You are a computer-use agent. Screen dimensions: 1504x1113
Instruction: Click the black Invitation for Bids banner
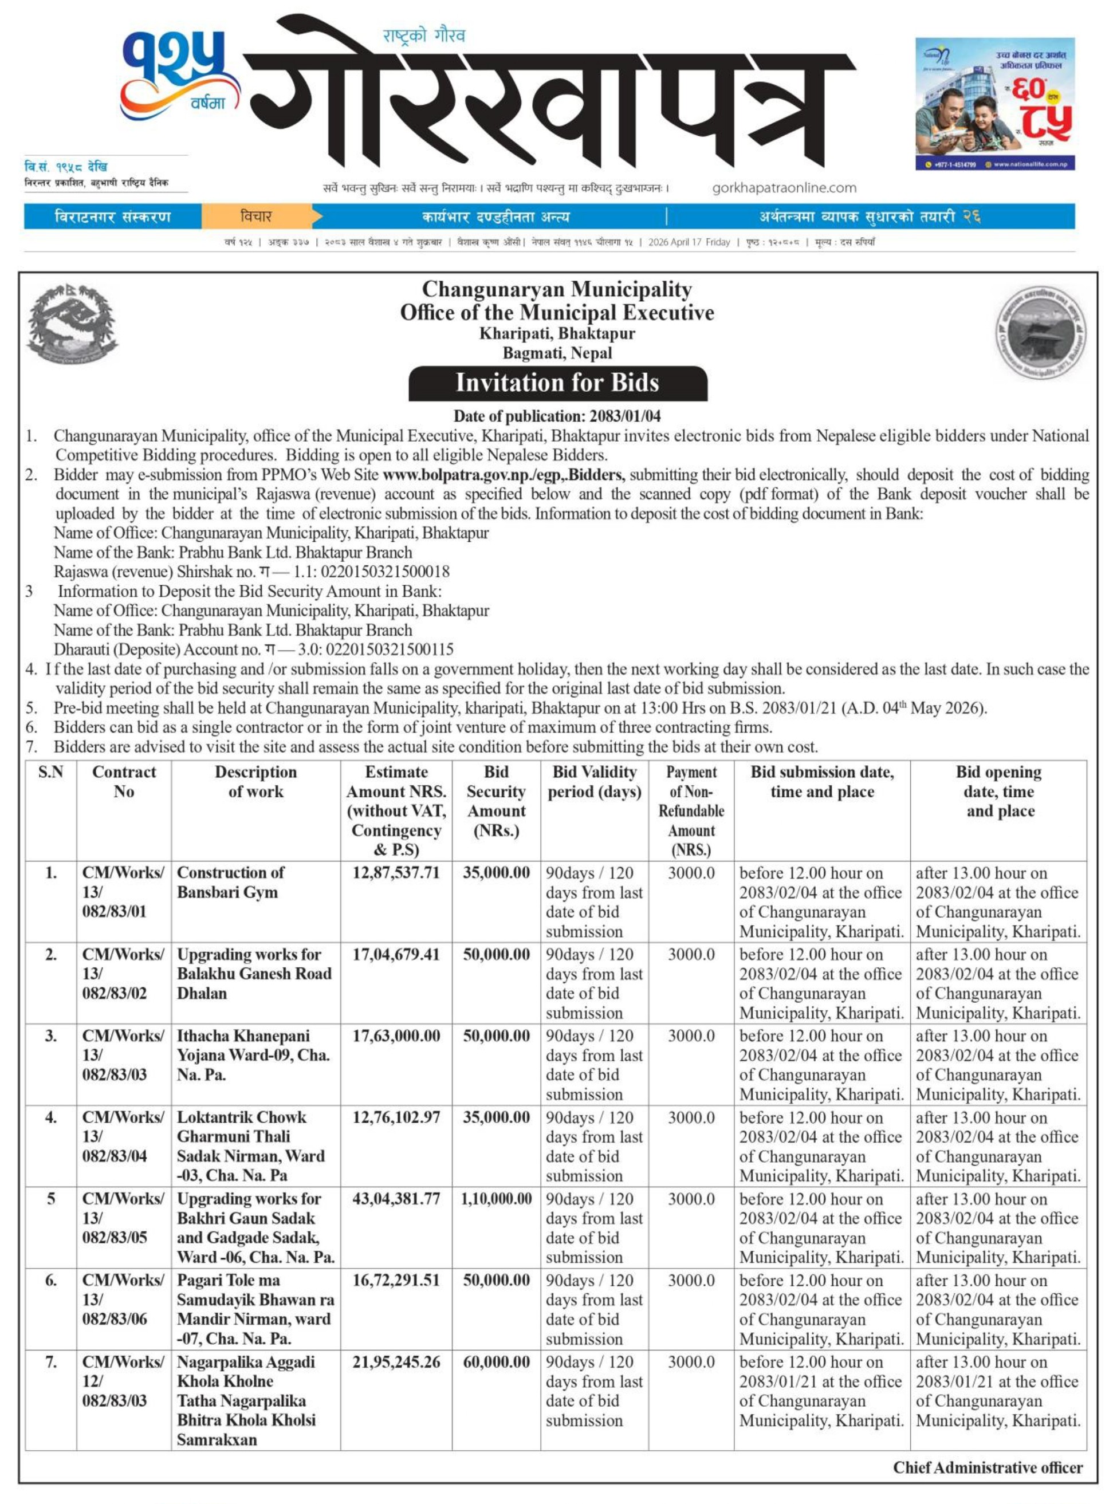(x=557, y=383)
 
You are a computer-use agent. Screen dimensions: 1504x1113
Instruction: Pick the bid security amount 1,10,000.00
(x=497, y=1199)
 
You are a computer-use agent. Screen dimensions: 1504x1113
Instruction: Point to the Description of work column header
(x=255, y=781)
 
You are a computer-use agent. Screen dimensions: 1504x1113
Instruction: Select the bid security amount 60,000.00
(x=497, y=1362)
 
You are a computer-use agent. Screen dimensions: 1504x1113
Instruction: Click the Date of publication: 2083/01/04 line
(x=557, y=416)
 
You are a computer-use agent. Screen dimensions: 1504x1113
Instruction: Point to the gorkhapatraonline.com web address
(x=784, y=188)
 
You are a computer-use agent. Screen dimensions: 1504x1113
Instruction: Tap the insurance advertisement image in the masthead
(x=994, y=103)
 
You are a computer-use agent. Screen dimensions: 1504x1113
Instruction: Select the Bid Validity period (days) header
(x=594, y=781)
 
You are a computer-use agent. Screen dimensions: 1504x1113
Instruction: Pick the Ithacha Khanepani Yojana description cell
(x=253, y=1055)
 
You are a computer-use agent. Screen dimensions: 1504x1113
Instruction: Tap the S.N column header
(x=50, y=772)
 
